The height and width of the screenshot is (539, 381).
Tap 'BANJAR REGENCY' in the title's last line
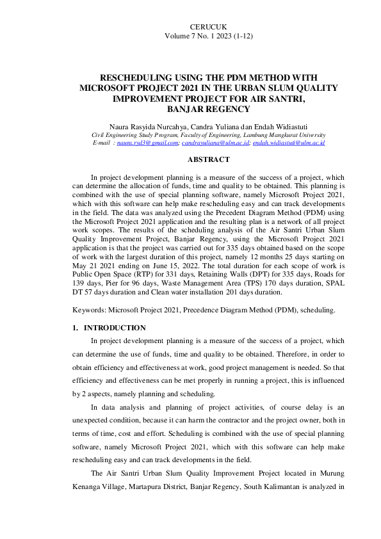(191, 109)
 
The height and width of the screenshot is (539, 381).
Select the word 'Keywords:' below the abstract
(90, 309)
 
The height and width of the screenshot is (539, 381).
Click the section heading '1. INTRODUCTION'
(109, 328)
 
